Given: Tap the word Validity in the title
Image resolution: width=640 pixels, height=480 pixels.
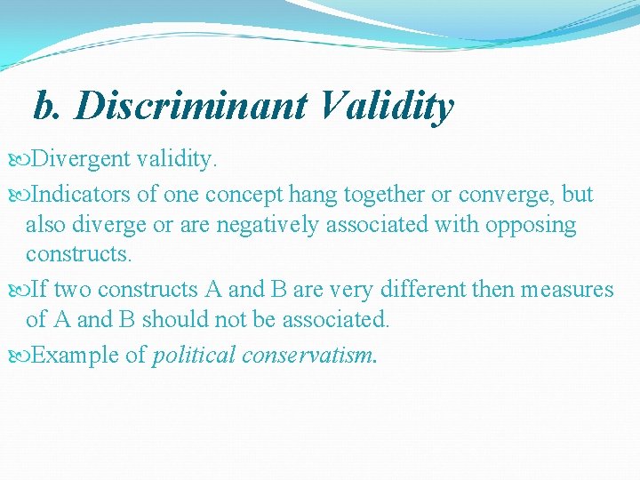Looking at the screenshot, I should pyautogui.click(x=383, y=106).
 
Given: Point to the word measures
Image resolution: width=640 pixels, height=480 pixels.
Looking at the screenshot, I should pyautogui.click(x=569, y=289).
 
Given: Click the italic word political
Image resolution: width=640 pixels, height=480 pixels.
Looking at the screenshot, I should pyautogui.click(x=194, y=355).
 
